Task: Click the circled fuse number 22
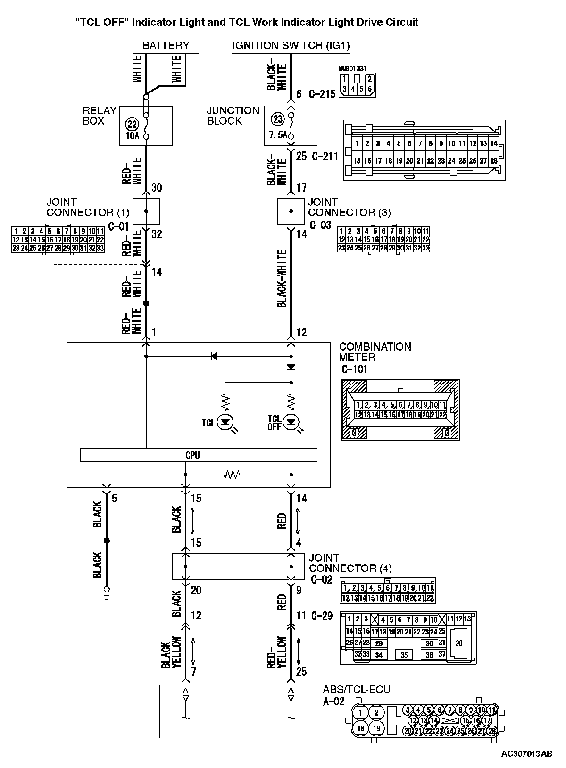[x=133, y=124]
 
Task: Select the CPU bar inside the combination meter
[x=199, y=455]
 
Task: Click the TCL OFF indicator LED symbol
[x=291, y=421]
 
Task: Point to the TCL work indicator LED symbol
[x=225, y=421]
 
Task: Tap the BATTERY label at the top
[x=166, y=46]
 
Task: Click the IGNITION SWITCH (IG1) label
[x=291, y=46]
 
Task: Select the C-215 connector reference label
[x=322, y=94]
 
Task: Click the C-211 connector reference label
[x=325, y=156]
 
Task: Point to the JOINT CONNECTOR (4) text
[x=350, y=563]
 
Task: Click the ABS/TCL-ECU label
[x=357, y=689]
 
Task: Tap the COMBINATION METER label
[x=375, y=352]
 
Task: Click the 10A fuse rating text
[x=133, y=136]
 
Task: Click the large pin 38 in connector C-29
[x=458, y=643]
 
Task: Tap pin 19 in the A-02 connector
[x=376, y=728]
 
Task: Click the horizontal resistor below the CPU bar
[x=232, y=474]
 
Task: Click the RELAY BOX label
[x=100, y=116]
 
